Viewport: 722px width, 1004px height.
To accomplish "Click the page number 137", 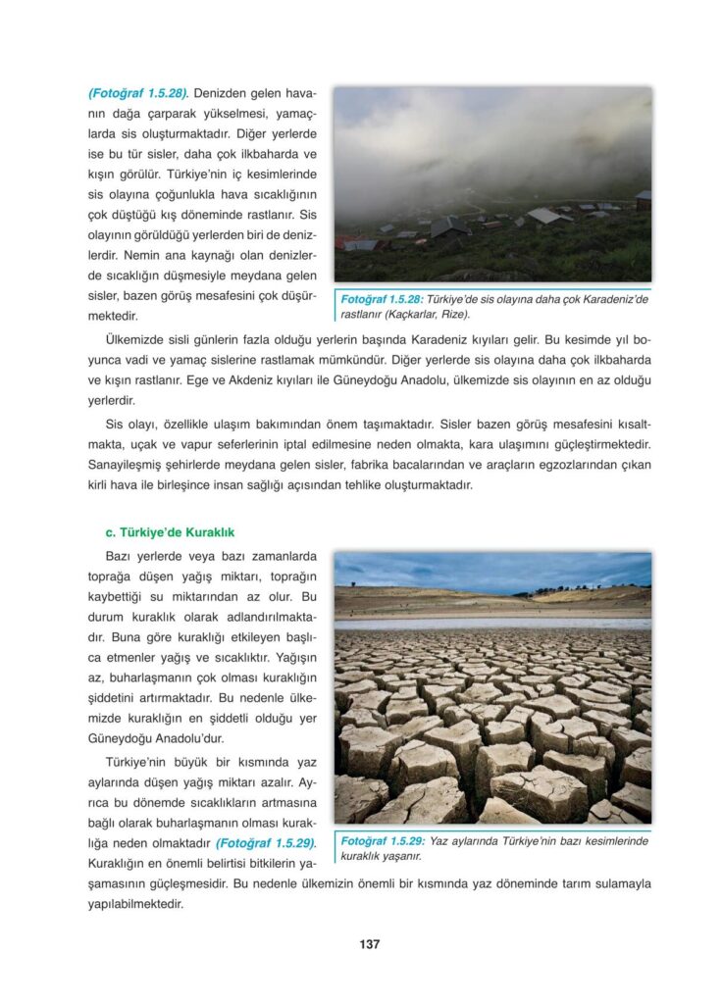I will pos(369,944).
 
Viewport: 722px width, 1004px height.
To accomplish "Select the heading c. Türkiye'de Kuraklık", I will pos(170,532).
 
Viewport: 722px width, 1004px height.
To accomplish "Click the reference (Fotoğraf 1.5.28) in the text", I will pos(137,94).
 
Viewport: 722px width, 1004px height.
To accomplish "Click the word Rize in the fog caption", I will pos(450,315).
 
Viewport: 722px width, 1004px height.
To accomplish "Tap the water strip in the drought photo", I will pos(490,623).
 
